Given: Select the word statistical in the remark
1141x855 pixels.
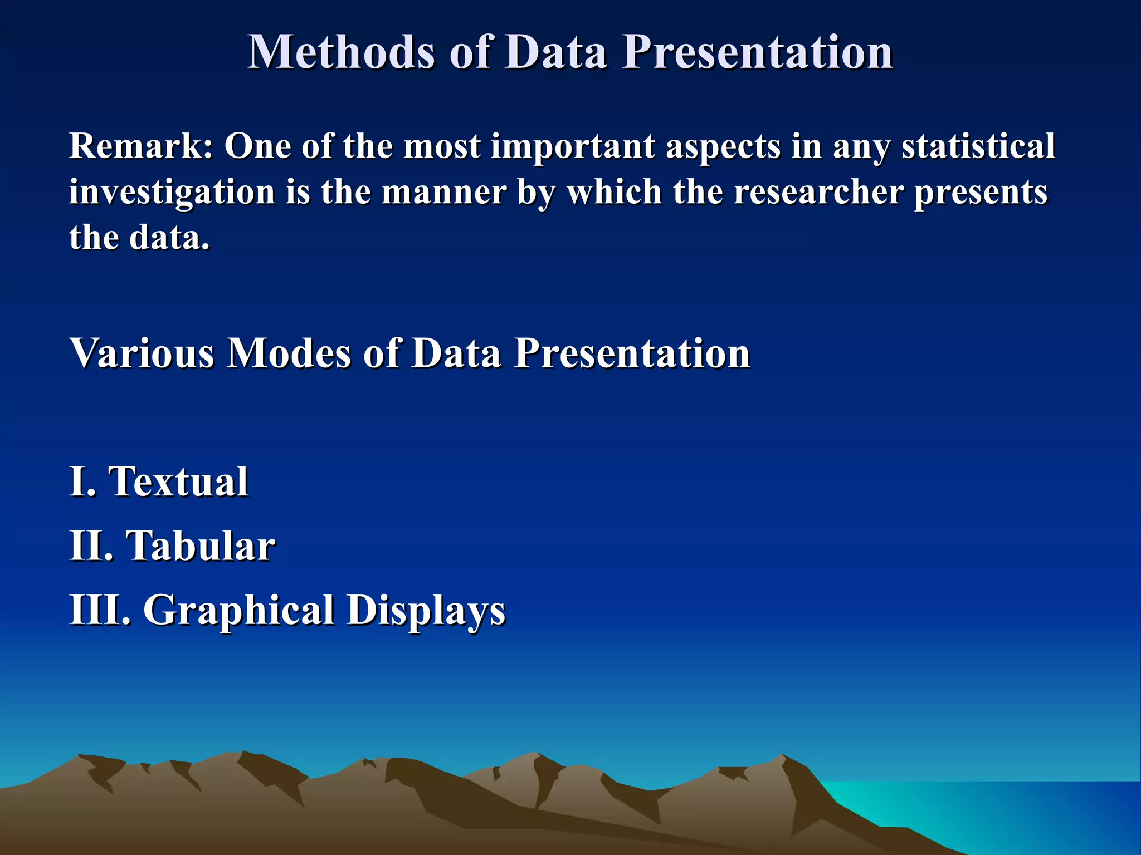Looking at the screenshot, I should point(978,146).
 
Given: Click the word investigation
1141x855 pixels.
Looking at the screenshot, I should point(172,193).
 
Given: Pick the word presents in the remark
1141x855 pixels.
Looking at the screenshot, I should point(981,193).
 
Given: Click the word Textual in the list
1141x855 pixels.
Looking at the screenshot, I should point(178,481).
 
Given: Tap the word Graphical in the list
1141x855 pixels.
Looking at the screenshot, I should point(239,611).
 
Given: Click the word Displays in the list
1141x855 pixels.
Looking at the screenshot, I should point(426,611).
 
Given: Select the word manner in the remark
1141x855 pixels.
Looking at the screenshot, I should point(444,192).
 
